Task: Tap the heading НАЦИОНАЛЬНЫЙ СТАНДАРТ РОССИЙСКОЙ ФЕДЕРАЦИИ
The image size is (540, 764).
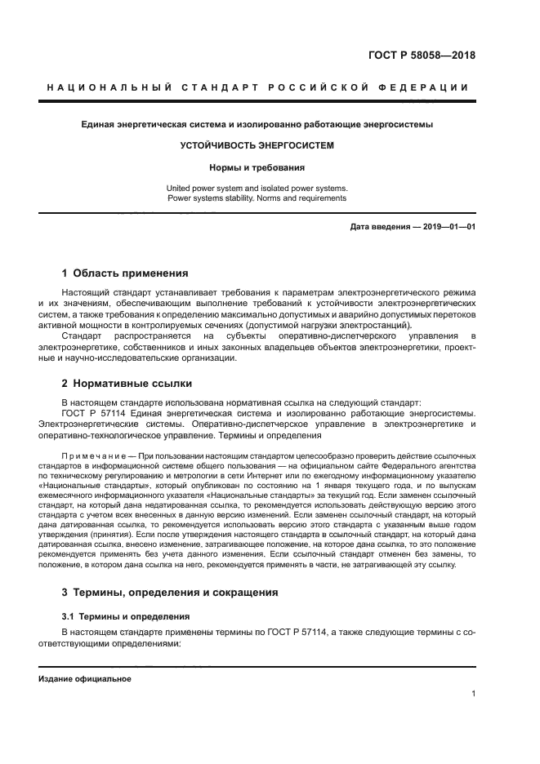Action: pyautogui.click(x=257, y=87)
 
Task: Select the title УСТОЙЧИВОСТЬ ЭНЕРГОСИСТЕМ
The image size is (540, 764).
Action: pyautogui.click(x=257, y=146)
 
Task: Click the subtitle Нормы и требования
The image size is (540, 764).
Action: pyautogui.click(x=257, y=167)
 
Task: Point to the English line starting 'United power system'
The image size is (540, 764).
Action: pyautogui.click(x=257, y=187)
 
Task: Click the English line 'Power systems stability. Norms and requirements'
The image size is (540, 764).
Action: pyautogui.click(x=257, y=198)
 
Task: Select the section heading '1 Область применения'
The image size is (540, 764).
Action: pyautogui.click(x=125, y=273)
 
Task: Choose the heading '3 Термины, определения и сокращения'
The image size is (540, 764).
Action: pyautogui.click(x=170, y=592)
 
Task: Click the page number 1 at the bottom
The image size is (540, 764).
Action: pyautogui.click(x=473, y=694)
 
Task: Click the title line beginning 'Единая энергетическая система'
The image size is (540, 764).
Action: pyautogui.click(x=257, y=125)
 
